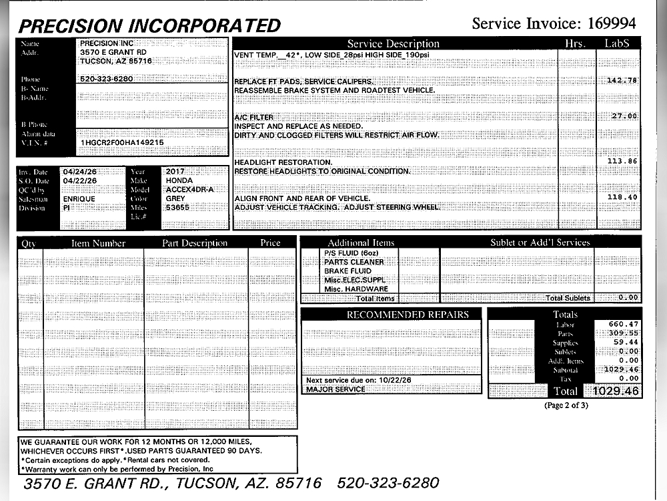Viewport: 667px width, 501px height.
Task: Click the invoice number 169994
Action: pos(611,24)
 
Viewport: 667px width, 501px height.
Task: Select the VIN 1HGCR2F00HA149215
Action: pos(121,143)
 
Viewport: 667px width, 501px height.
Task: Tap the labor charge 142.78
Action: pos(622,80)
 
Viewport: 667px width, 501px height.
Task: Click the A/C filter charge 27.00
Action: pos(625,116)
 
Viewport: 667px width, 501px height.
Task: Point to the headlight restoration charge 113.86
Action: pos(622,161)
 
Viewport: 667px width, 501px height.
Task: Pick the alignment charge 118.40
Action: pos(622,197)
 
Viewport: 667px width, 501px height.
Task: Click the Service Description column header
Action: pos(394,44)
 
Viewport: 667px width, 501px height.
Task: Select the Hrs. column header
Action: pos(574,44)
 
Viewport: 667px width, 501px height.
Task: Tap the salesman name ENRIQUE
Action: pos(79,199)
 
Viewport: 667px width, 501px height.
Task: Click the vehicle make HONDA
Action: pos(179,180)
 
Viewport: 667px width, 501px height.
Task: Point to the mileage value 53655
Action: pos(178,208)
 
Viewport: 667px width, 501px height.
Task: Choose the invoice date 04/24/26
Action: pos(79,172)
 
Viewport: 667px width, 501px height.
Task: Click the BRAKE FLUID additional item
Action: pos(348,271)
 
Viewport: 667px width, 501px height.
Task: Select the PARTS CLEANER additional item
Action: pos(354,263)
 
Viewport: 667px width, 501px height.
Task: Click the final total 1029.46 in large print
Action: pos(612,391)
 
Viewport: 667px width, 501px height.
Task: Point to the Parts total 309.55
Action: pos(623,333)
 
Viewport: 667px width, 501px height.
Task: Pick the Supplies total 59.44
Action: pos(625,342)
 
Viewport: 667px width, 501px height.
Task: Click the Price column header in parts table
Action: pos(270,243)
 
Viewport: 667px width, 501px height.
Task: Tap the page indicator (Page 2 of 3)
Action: pos(566,405)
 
